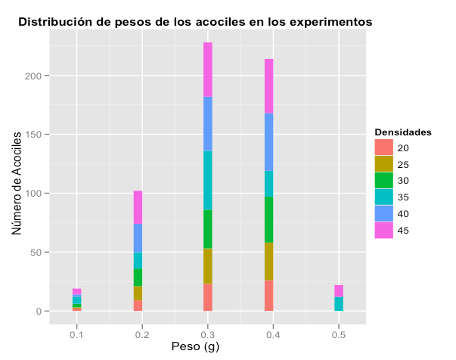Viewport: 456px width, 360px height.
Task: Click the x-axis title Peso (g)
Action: coord(206,347)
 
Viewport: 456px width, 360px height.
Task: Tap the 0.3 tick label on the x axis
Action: coord(207,334)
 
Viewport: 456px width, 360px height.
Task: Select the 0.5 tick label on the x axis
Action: coord(339,334)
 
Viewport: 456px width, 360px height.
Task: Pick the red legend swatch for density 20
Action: coord(383,147)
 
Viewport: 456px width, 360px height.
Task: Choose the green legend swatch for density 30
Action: coord(383,181)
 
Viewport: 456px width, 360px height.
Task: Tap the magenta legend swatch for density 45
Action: coord(383,231)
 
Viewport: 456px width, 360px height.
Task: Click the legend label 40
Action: coord(403,214)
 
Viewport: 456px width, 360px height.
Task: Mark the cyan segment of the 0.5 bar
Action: coord(339,304)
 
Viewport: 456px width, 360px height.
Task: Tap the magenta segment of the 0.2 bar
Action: coord(138,207)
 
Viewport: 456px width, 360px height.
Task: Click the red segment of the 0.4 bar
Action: coord(268,296)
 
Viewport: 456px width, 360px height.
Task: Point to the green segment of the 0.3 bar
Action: coord(207,229)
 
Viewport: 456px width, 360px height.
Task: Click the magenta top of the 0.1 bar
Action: coord(76,292)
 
